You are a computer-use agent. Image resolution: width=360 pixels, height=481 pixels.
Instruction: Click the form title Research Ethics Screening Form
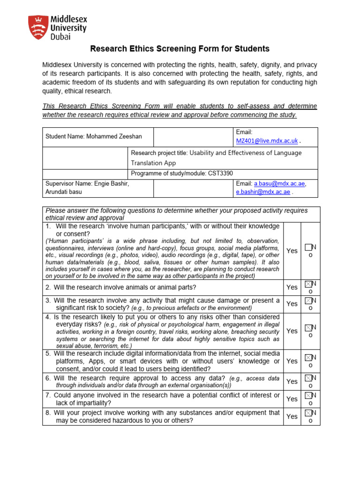180,48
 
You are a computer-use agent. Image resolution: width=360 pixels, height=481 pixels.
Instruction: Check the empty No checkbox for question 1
307,247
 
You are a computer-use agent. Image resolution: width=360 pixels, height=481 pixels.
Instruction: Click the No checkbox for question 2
307,284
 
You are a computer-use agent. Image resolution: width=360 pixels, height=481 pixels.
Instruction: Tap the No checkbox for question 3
307,300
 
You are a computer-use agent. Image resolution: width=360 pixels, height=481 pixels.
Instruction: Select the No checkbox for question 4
307,327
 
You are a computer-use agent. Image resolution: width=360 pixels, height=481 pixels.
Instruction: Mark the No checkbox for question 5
307,358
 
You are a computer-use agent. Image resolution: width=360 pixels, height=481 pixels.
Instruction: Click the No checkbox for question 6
307,378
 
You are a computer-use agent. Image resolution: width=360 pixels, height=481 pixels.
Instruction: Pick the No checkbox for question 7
307,395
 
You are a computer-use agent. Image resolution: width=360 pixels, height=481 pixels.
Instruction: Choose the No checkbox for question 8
307,413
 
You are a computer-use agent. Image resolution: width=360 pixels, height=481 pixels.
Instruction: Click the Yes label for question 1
292,251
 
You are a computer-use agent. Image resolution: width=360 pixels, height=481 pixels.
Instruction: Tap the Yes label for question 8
292,416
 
